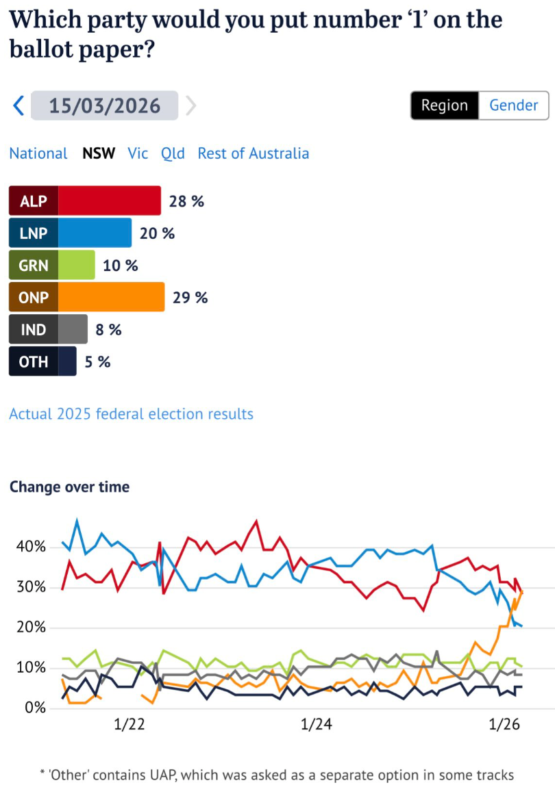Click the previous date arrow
coord(18,105)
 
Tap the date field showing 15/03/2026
coord(104,106)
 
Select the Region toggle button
coord(444,105)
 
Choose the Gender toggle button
coord(513,105)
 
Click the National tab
coord(38,153)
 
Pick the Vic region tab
coord(138,153)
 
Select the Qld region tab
coord(173,153)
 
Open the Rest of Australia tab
coord(253,153)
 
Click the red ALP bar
coord(109,201)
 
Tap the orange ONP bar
coord(111,298)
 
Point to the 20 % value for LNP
coord(158,233)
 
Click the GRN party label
coord(34,266)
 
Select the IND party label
coord(34,330)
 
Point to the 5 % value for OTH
coord(97,362)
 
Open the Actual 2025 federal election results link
coord(131,414)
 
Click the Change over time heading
coord(69,487)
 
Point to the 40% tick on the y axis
coord(29,547)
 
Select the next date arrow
coord(190,105)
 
